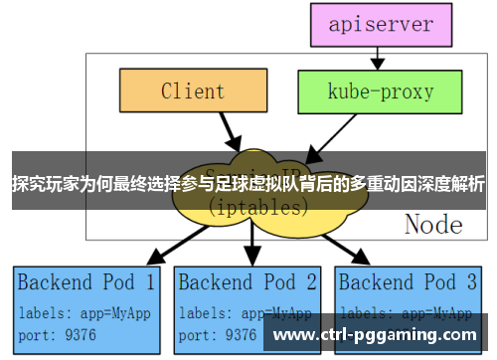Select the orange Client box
pos(193,91)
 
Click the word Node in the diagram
pos(433,224)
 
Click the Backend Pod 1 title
pos(86,281)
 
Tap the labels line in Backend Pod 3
pos(406,310)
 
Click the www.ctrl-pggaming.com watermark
pos(375,335)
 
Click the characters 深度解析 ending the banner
pos(453,184)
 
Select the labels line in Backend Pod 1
pos(84,310)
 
